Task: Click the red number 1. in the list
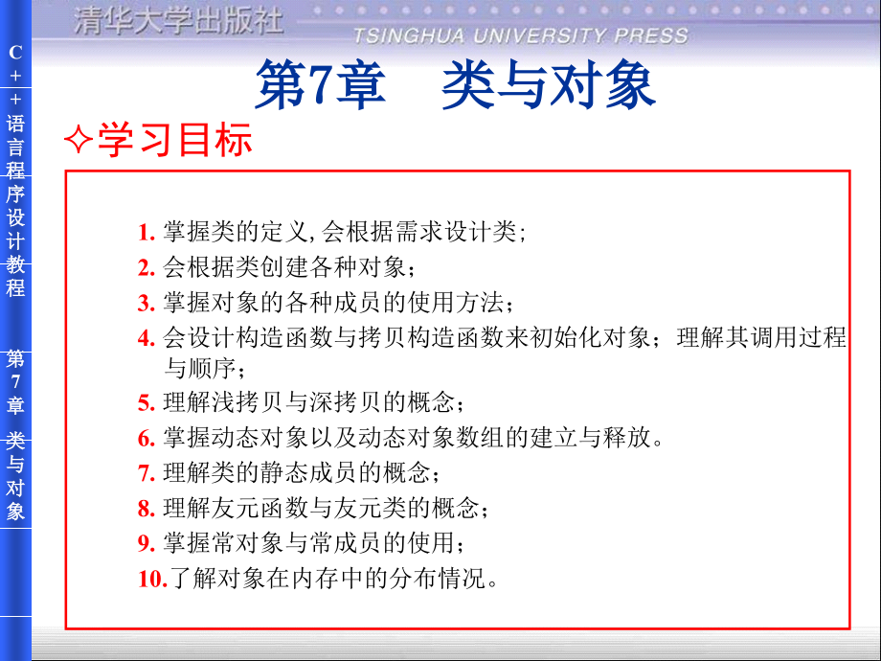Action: (x=146, y=233)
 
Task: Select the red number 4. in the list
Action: (x=146, y=337)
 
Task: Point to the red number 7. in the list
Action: (x=146, y=473)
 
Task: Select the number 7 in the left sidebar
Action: (x=15, y=382)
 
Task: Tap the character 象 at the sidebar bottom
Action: (x=15, y=511)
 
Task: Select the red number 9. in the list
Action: (x=146, y=543)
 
